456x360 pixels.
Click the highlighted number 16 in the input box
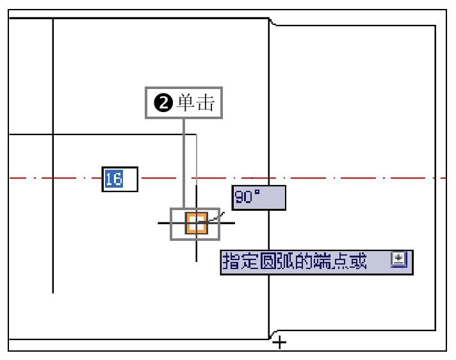pyautogui.click(x=114, y=179)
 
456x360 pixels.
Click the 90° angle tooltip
pyautogui.click(x=259, y=198)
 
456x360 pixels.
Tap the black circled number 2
pyautogui.click(x=163, y=103)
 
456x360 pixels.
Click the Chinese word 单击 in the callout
pyautogui.click(x=197, y=102)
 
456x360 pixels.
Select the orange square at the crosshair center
pyautogui.click(x=197, y=224)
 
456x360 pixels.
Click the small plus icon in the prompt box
pyautogui.click(x=398, y=258)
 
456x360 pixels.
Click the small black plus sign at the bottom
pyautogui.click(x=279, y=342)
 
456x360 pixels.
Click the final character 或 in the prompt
pyautogui.click(x=358, y=261)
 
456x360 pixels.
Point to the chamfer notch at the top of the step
pyautogui.click(x=272, y=22)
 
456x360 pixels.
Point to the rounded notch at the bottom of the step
pyautogui.click(x=273, y=334)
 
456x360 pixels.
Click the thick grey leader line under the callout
pyautogui.click(x=184, y=163)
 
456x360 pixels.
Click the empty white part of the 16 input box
pyautogui.click(x=130, y=179)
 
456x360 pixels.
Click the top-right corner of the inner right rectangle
pyautogui.click(x=436, y=26)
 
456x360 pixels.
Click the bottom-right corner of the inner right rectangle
pyautogui.click(x=436, y=331)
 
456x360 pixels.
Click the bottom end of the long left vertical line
pyautogui.click(x=53, y=293)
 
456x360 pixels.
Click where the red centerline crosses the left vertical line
pyautogui.click(x=53, y=177)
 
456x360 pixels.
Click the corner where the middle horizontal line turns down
pyautogui.click(x=197, y=135)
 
